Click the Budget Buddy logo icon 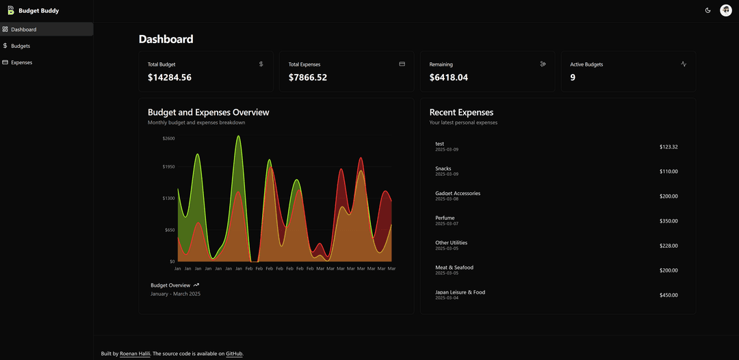(11, 10)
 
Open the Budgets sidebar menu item (21, 46)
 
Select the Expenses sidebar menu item (21, 62)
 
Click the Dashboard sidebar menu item (23, 29)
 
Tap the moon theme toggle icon (708, 10)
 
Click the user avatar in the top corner (726, 10)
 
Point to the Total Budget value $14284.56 (170, 77)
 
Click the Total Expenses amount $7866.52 (308, 77)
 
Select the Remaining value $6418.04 (449, 77)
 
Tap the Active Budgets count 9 (573, 77)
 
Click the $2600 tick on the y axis (168, 138)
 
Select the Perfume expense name (445, 218)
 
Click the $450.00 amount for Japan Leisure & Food (669, 295)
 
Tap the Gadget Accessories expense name (458, 193)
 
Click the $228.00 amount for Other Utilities (669, 246)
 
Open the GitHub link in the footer (234, 354)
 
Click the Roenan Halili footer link (135, 354)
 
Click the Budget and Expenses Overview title (209, 112)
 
